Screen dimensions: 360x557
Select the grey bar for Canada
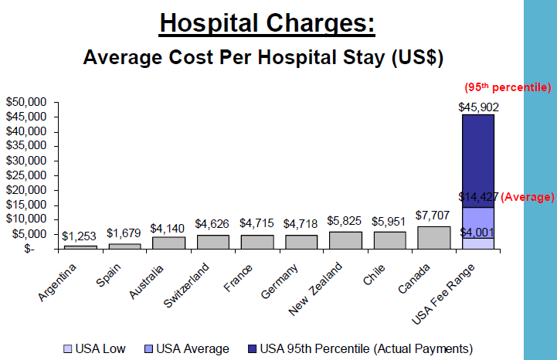(433, 237)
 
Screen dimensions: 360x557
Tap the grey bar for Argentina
(80, 246)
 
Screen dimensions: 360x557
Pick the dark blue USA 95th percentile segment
(477, 161)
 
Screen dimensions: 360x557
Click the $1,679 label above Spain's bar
(124, 233)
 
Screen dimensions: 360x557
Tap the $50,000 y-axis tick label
(27, 102)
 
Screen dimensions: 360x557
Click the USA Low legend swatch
(67, 349)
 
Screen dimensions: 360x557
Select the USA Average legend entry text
(192, 349)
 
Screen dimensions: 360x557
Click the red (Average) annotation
(528, 197)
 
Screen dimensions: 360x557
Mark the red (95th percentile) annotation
(506, 87)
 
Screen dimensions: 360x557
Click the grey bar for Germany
(301, 242)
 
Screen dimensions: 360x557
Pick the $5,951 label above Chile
(389, 221)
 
